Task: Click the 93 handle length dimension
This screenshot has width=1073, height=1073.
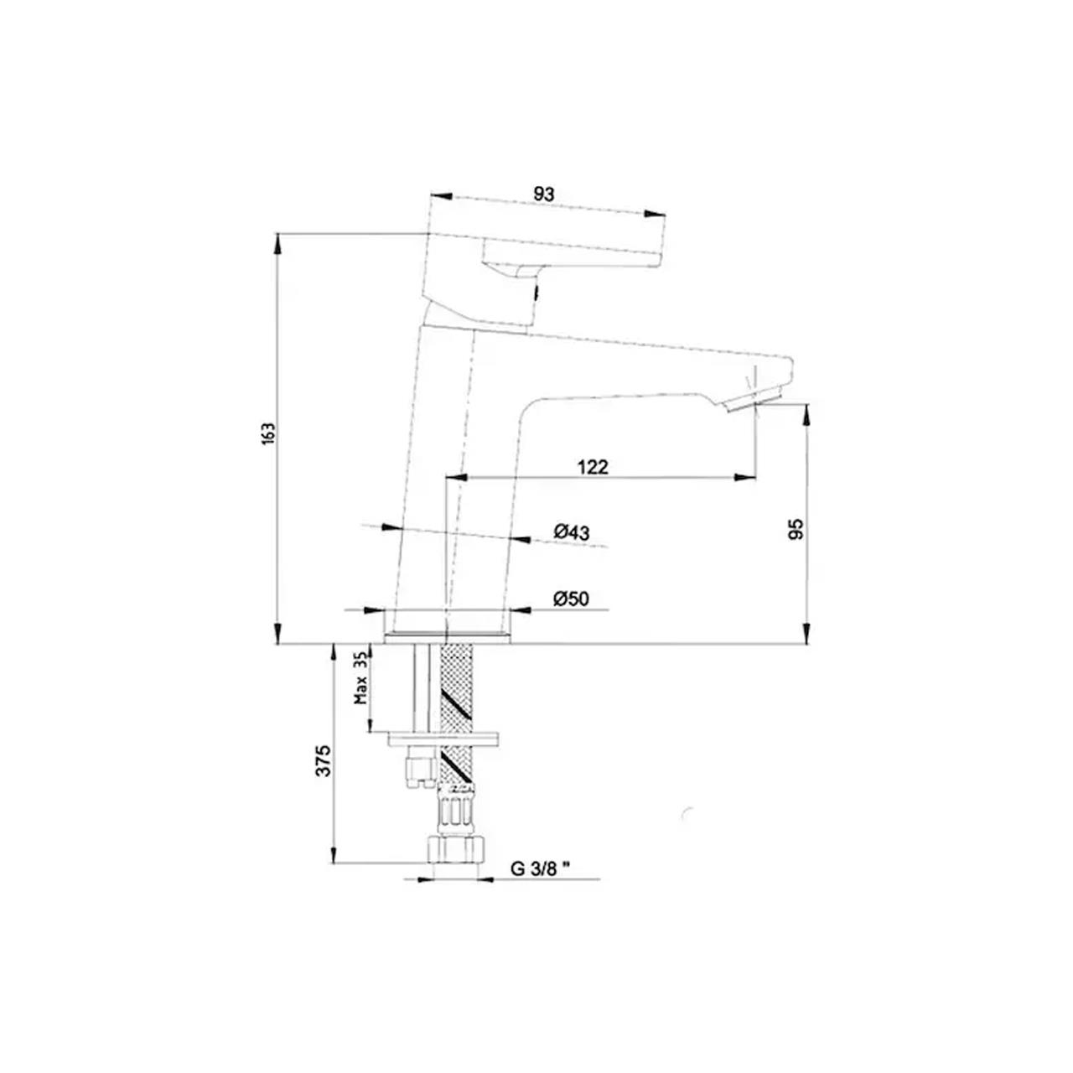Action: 544,194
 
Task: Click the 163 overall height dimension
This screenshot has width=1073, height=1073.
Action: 267,434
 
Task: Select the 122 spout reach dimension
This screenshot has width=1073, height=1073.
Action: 593,467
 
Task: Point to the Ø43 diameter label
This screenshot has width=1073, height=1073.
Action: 572,531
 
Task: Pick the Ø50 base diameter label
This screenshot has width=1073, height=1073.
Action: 572,598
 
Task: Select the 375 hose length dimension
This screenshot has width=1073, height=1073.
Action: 324,759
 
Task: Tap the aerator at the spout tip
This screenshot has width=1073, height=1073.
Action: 754,396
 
